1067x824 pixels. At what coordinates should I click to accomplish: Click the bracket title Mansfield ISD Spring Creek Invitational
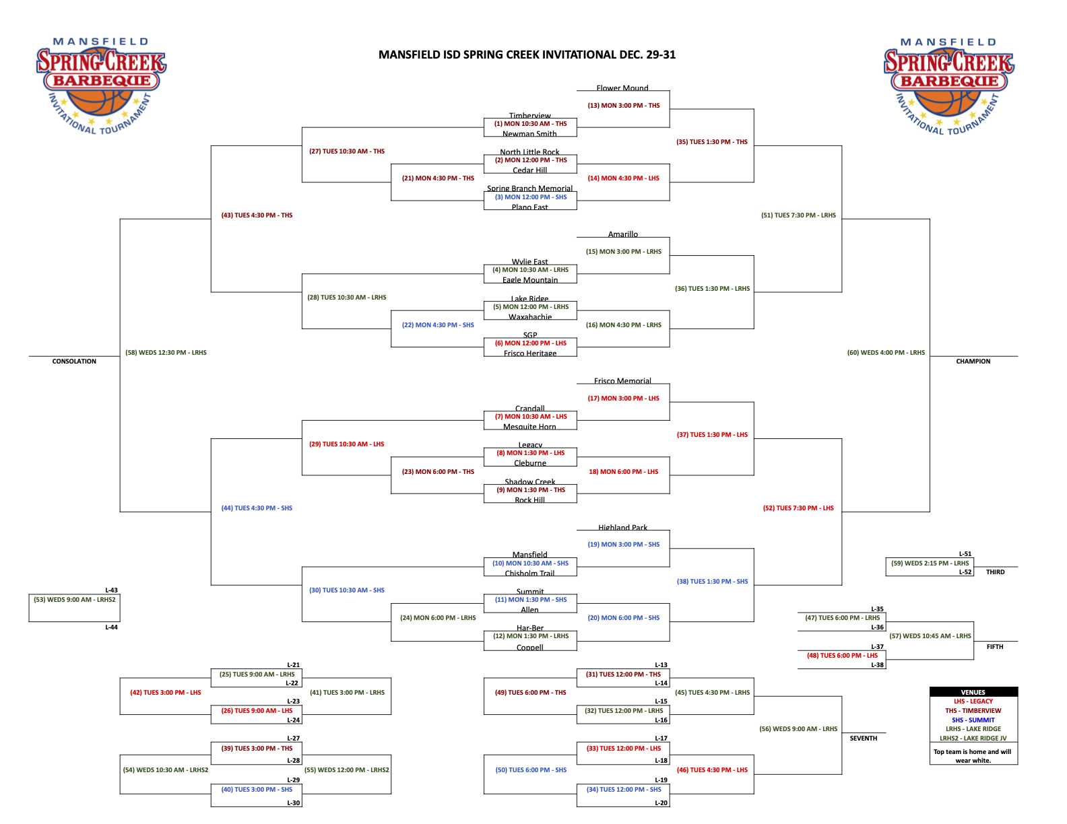527,55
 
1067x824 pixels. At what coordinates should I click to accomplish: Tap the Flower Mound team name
622,88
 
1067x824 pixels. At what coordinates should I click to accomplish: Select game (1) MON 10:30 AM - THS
530,124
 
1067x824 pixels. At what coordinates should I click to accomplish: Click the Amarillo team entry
622,234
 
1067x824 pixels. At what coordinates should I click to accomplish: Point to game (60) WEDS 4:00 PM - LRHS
886,353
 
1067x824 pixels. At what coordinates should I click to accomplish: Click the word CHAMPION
973,362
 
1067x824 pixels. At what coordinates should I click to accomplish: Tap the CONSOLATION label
74,362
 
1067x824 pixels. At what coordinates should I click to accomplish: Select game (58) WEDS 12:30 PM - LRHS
166,353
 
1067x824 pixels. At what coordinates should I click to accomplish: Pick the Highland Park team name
622,528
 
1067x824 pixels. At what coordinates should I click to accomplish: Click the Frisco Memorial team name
622,381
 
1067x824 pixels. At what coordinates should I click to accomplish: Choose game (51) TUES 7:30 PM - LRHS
798,215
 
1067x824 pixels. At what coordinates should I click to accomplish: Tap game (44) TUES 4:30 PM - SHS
257,508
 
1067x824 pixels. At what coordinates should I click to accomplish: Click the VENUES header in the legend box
973,692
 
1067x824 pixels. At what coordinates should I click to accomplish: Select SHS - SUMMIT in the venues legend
973,720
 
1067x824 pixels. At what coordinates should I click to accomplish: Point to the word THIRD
995,572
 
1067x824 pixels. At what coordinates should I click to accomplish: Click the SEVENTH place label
863,739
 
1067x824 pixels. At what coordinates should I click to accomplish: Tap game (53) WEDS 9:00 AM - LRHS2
75,600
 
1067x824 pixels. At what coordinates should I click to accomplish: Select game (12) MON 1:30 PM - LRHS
530,636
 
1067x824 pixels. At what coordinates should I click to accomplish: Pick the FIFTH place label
995,647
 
